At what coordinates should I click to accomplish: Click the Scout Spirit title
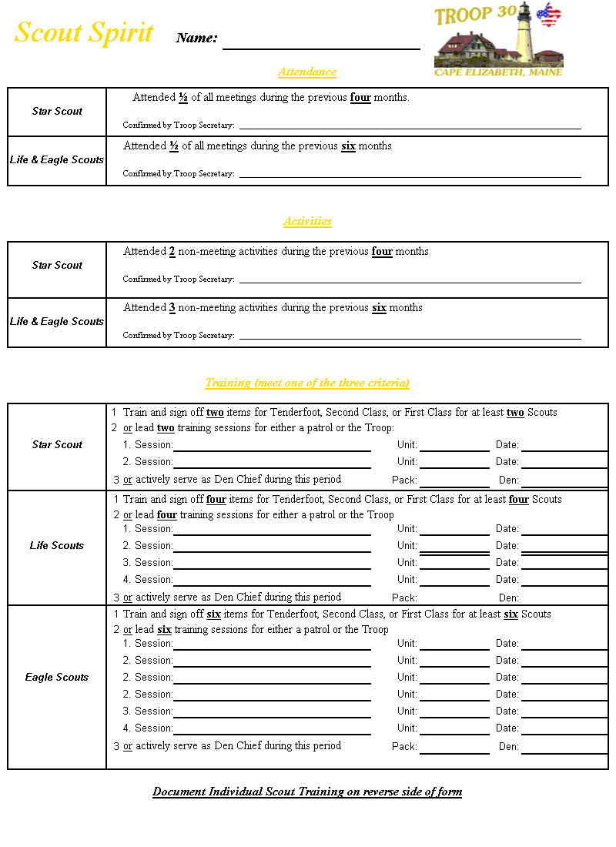click(x=84, y=33)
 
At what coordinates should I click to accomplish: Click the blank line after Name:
click(x=321, y=48)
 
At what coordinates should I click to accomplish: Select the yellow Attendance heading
click(x=307, y=72)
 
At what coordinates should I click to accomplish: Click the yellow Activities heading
click(x=307, y=221)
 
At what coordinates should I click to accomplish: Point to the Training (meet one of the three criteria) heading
click(x=307, y=383)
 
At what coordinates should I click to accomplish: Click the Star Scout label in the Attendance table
click(x=57, y=111)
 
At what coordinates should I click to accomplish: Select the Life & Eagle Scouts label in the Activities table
click(x=57, y=321)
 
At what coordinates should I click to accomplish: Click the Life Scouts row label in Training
click(x=57, y=545)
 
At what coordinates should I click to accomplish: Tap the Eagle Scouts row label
click(x=57, y=677)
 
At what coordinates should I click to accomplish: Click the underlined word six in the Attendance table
click(x=348, y=146)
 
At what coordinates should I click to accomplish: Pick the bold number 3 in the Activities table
click(x=172, y=308)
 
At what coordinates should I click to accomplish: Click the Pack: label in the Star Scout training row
click(x=404, y=480)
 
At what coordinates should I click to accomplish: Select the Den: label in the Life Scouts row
click(x=509, y=598)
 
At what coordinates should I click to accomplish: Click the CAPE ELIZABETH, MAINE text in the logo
click(x=498, y=72)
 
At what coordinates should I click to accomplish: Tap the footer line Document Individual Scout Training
click(x=307, y=792)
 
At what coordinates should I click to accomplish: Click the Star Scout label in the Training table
click(x=57, y=444)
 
